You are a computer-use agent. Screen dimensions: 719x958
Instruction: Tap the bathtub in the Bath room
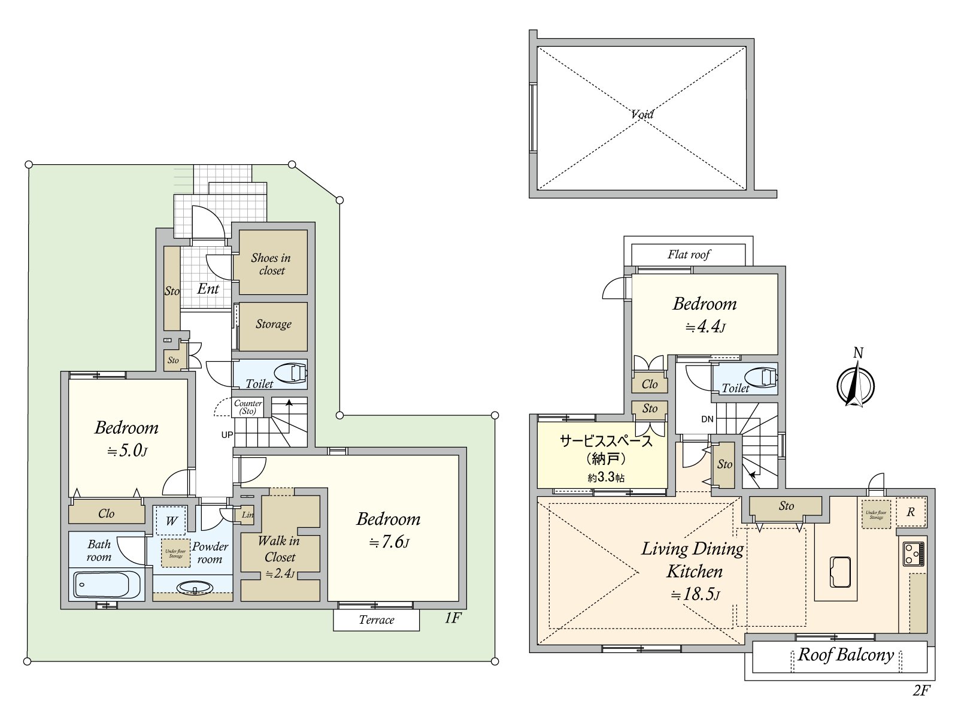click(x=106, y=585)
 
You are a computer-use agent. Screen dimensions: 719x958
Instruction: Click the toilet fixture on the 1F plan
click(x=297, y=374)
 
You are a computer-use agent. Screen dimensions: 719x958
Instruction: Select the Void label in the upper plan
click(x=642, y=114)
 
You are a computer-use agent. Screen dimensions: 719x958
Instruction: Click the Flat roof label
click(x=689, y=255)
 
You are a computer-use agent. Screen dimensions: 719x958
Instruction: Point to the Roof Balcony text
click(x=845, y=654)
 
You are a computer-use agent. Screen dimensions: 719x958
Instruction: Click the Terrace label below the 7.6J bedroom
click(x=376, y=620)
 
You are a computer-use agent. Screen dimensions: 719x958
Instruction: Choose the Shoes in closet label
click(x=271, y=264)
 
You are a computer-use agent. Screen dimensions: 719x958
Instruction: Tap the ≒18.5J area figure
click(x=695, y=594)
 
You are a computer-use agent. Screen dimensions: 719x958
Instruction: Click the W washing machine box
click(x=171, y=521)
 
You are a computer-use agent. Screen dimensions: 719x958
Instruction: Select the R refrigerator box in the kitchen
click(x=911, y=512)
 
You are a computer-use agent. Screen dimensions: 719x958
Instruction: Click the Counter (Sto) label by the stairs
click(x=248, y=407)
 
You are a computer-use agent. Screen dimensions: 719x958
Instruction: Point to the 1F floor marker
click(x=453, y=618)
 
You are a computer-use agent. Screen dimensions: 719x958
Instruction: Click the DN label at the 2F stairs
click(x=707, y=419)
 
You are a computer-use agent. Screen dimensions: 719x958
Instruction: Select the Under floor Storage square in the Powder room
click(x=175, y=554)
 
